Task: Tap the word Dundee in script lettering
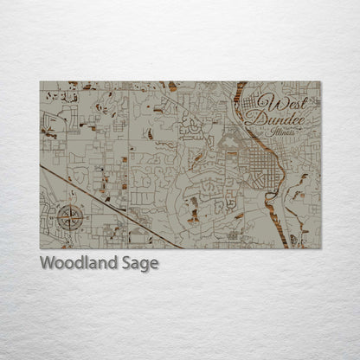274,120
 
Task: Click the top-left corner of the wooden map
41,82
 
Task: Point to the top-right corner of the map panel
320,82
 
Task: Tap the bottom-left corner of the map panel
41,248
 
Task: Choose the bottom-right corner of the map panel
320,248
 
